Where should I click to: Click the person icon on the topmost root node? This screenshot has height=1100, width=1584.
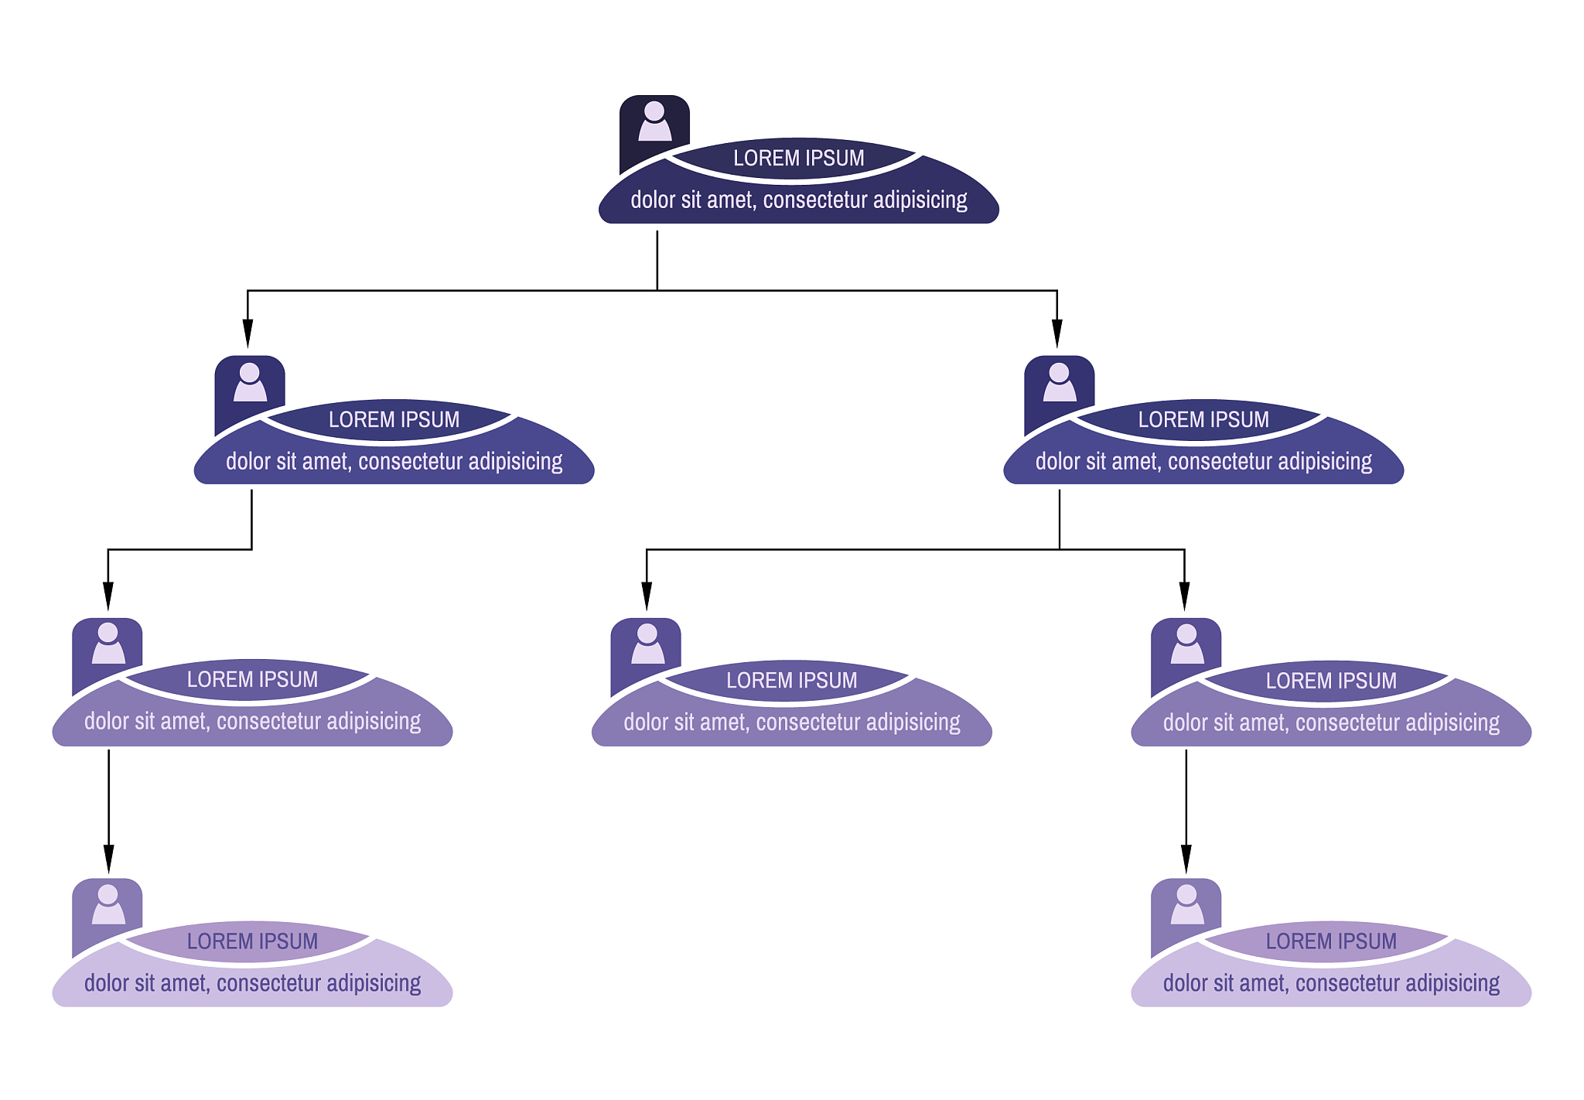click(x=654, y=121)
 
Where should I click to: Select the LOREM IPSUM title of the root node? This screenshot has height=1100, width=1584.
click(x=798, y=159)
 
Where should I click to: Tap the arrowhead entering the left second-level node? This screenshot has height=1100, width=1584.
click(x=247, y=333)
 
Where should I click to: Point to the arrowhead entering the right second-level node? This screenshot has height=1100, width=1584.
click(x=1057, y=333)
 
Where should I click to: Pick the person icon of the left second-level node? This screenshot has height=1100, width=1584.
click(x=250, y=382)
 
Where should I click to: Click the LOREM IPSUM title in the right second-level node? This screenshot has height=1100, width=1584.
click(x=1203, y=420)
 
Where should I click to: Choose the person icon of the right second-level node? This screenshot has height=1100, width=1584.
click(x=1059, y=382)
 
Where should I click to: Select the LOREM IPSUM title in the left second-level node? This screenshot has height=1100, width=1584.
click(x=394, y=420)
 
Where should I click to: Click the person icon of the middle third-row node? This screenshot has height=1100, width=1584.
click(x=647, y=644)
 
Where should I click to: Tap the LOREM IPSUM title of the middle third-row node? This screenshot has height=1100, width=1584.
click(x=791, y=681)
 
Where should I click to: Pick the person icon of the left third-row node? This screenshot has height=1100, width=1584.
click(x=108, y=643)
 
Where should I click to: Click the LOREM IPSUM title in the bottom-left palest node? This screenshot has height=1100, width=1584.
click(x=252, y=941)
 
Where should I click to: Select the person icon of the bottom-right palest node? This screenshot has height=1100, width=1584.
click(x=1186, y=904)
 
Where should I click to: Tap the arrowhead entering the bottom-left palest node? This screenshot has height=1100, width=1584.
click(x=108, y=859)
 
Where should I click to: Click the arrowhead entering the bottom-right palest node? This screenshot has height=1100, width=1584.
click(x=1186, y=859)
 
